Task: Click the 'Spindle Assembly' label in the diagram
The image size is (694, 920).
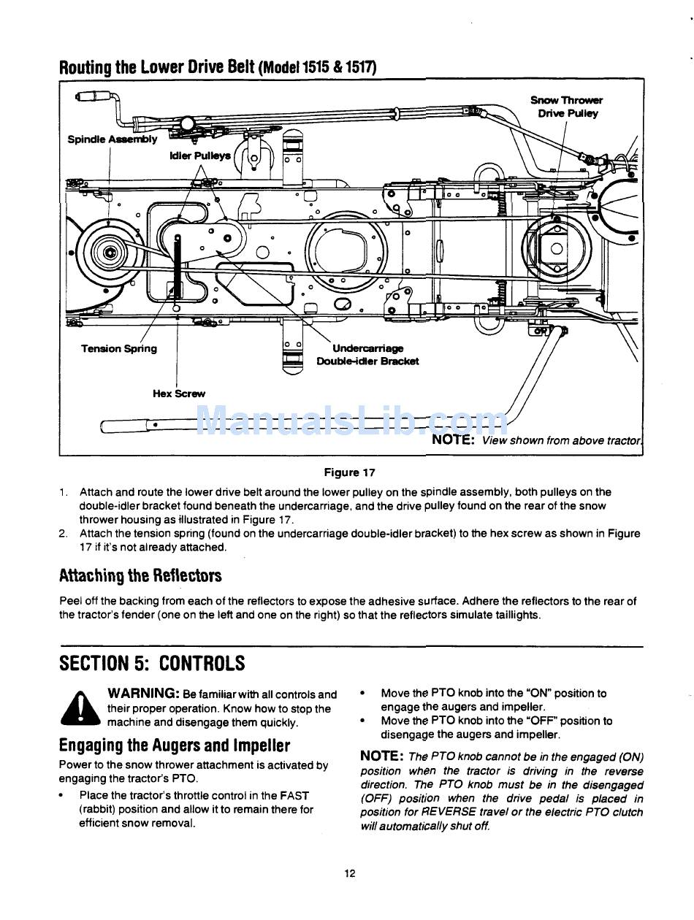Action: (x=112, y=139)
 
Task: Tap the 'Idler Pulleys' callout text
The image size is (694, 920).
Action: (x=199, y=156)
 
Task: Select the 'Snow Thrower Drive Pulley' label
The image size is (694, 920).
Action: (x=567, y=107)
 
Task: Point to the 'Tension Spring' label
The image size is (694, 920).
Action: (x=118, y=348)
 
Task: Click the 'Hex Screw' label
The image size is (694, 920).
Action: (x=179, y=393)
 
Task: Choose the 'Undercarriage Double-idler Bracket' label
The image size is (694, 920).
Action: (x=367, y=355)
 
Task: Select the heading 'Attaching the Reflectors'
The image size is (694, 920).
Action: (x=140, y=575)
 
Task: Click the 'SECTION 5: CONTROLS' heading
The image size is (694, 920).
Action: (x=152, y=664)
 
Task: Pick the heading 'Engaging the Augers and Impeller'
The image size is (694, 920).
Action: (x=175, y=745)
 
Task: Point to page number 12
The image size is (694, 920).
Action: (x=350, y=873)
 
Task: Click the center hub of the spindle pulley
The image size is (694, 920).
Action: (x=110, y=253)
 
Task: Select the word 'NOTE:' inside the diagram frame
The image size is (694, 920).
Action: (x=454, y=440)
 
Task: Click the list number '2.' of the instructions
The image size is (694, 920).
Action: (x=63, y=533)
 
